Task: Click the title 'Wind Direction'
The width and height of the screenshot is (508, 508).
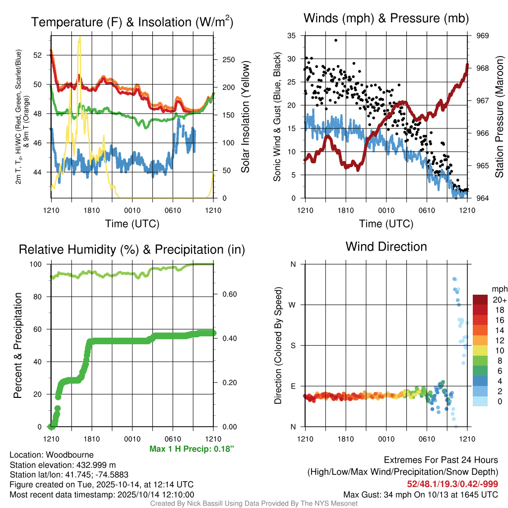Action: tap(386, 247)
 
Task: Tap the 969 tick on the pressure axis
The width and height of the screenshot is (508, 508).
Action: tap(483, 36)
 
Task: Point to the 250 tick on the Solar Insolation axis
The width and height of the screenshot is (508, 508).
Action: tap(228, 60)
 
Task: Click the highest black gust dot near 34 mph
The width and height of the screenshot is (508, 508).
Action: tap(336, 40)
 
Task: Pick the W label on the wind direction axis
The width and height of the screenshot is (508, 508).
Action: tap(293, 305)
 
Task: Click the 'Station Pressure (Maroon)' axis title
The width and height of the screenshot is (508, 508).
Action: tap(499, 117)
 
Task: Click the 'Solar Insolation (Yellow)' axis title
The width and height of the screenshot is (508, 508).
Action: tap(245, 117)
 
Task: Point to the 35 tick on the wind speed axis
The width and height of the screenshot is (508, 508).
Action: tap(292, 36)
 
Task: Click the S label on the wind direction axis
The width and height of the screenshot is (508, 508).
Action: tap(293, 345)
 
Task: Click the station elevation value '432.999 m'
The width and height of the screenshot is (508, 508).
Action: tap(96, 465)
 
